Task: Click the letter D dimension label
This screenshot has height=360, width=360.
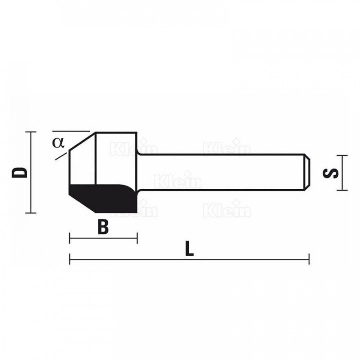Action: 19,173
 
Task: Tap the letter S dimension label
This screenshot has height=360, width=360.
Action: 330,173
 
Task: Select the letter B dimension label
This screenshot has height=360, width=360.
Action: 103,227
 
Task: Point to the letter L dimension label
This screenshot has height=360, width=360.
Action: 189,248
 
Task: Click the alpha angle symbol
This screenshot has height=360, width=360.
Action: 58,143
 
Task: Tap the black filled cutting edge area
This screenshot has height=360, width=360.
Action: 103,198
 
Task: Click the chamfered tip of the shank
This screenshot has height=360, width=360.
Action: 307,172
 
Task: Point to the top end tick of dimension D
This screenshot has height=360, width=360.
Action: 31,132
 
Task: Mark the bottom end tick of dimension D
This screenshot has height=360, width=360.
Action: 31,213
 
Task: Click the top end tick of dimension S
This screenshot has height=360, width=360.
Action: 342,155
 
